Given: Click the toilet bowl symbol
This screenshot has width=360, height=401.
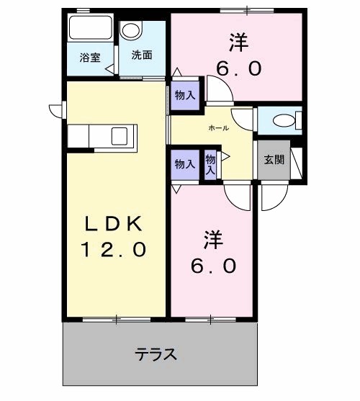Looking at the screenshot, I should tap(284, 120).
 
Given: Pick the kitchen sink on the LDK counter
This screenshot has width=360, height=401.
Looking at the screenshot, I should tap(120, 135).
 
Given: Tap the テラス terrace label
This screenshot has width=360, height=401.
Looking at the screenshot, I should tap(156, 354).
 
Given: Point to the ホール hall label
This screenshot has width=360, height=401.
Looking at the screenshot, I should tap(218, 127).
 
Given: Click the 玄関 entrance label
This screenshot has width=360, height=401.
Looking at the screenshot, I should tap(273, 160).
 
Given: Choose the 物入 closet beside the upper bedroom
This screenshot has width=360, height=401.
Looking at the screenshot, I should tap(185, 95).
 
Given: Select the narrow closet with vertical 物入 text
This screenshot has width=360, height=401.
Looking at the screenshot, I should tap(210, 165).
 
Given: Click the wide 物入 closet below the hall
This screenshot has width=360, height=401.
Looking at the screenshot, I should tap(184, 164).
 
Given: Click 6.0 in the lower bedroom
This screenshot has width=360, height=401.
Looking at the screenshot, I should tap(213, 266).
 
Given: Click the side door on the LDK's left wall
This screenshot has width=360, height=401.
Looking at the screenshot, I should tap(55, 109).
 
